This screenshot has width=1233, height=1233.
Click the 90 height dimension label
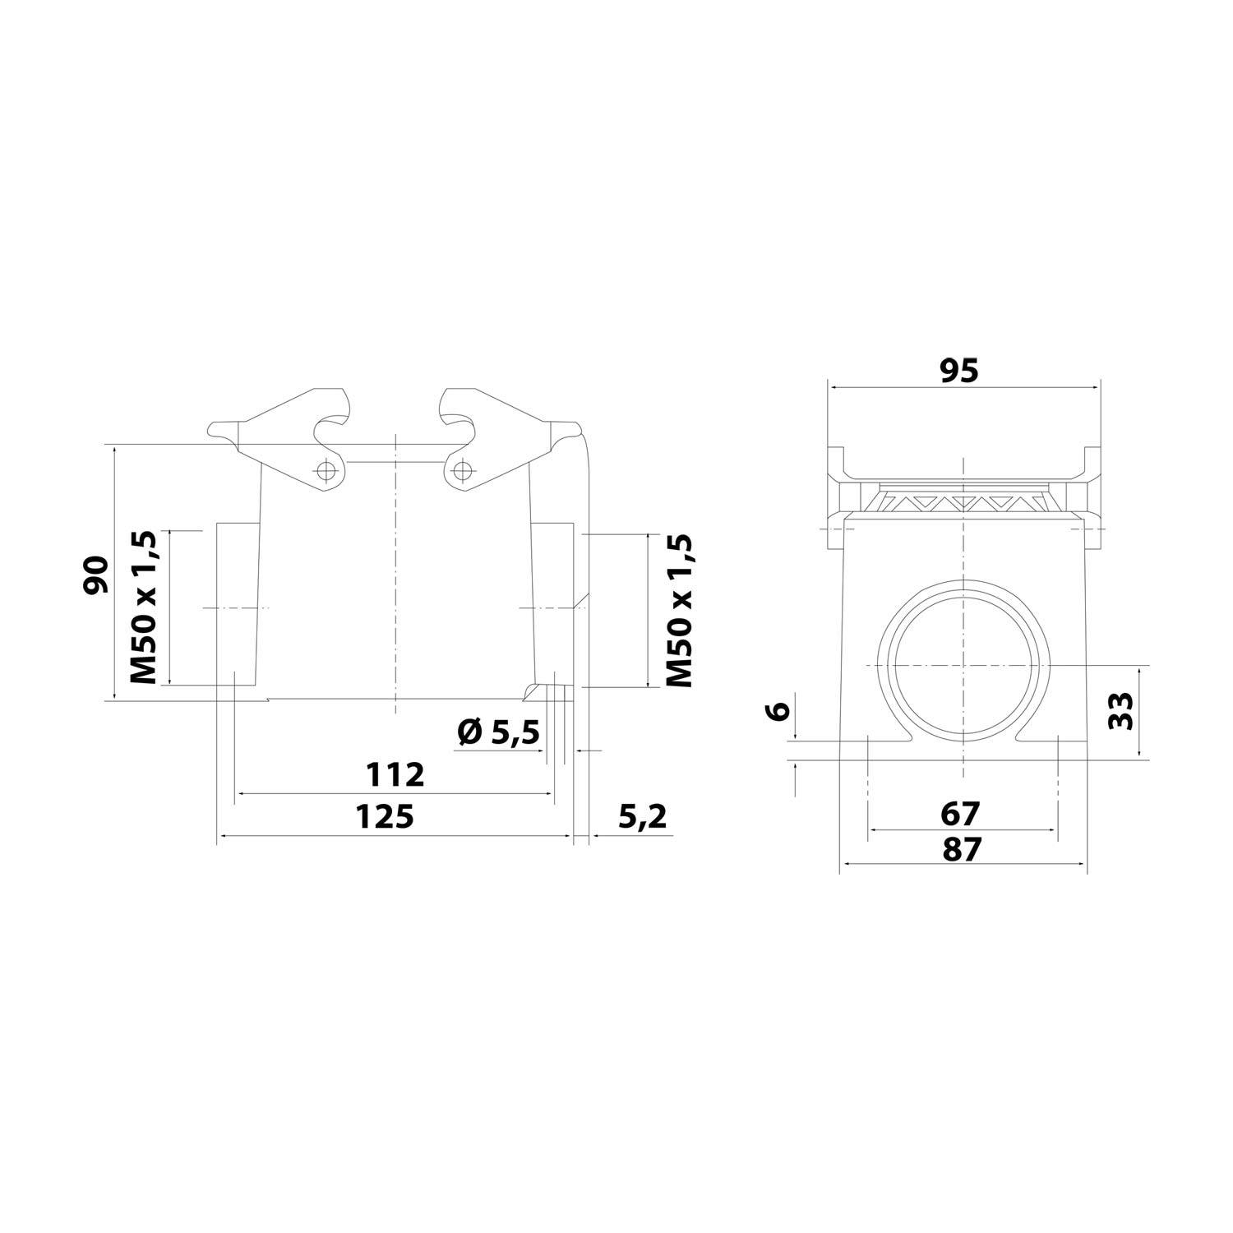(95, 575)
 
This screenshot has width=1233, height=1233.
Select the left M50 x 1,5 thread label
(143, 607)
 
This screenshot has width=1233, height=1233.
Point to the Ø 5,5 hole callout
(499, 731)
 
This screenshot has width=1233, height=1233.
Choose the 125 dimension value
(384, 817)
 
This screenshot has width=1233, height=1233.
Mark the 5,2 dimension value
(641, 817)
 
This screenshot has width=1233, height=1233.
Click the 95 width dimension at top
(959, 372)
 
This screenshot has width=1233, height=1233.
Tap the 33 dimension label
(1121, 710)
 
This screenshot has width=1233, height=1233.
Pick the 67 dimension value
(961, 813)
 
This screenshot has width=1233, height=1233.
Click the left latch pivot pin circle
(327, 470)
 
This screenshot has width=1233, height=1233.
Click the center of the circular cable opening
(963, 663)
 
